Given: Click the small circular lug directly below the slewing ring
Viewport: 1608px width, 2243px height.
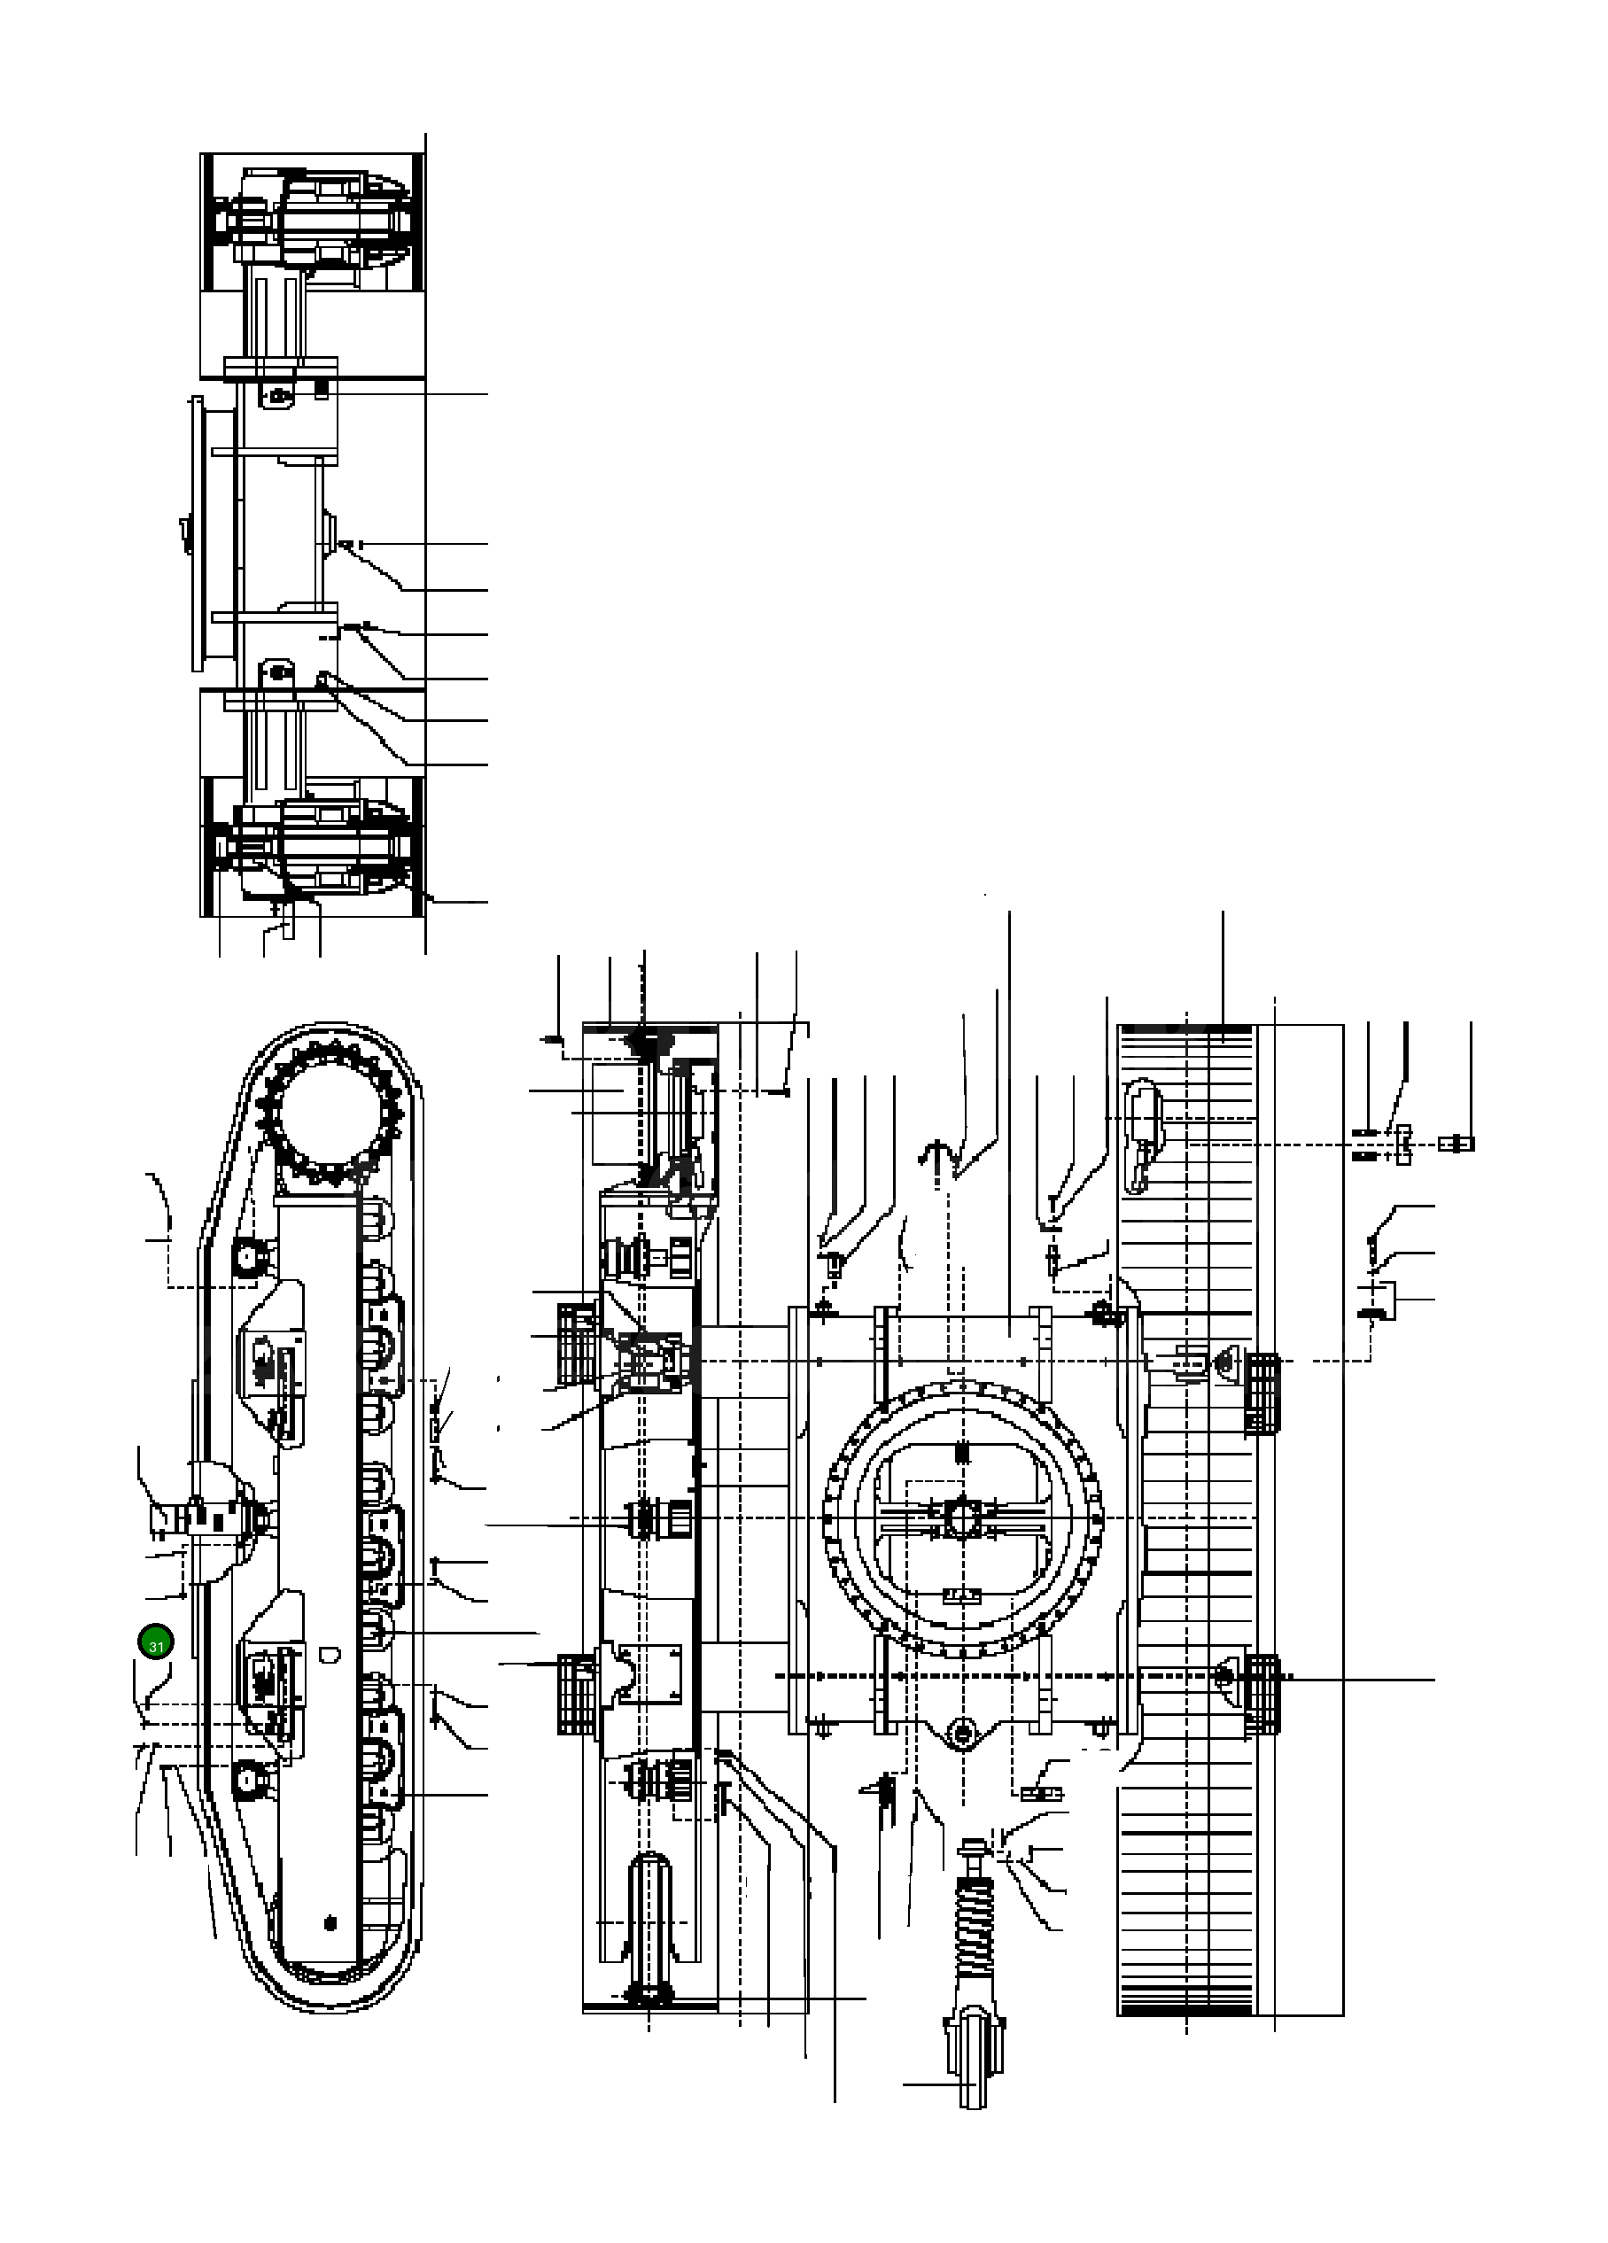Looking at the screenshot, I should tap(960, 1731).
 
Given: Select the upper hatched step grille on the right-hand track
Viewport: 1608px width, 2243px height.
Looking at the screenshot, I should tap(1261, 1393).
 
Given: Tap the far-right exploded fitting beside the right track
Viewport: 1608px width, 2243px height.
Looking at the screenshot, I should tap(1457, 1144).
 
